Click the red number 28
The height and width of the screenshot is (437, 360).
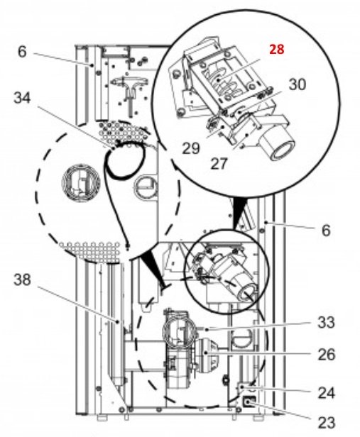click(277, 49)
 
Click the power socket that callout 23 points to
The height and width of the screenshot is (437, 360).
click(248, 406)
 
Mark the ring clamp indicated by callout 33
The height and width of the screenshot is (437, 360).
click(178, 329)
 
